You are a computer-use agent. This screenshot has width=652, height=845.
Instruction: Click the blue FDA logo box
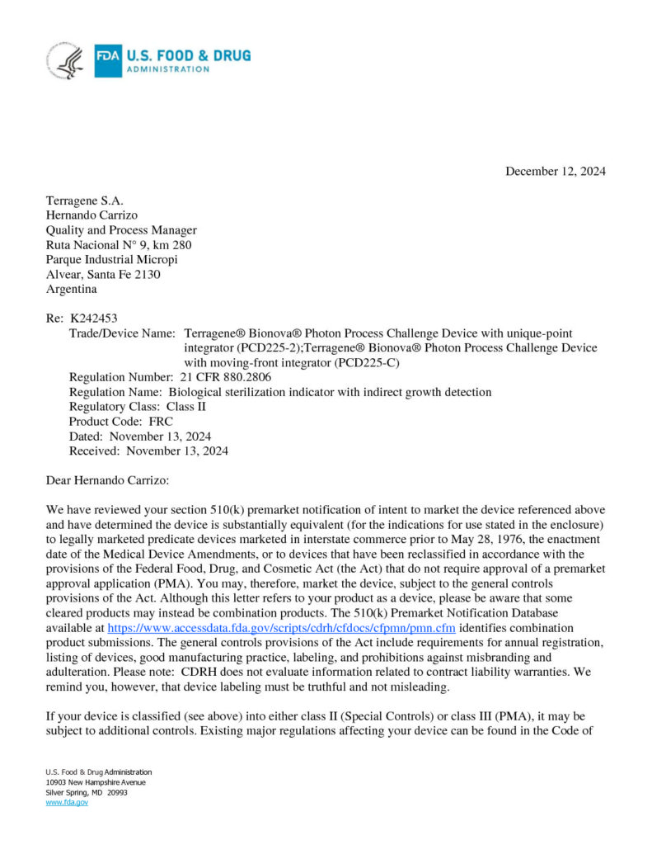click(108, 60)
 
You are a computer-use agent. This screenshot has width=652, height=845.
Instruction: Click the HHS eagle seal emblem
click(66, 60)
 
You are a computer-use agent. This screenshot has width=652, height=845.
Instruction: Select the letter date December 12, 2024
click(555, 172)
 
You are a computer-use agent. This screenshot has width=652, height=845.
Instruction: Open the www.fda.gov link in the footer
click(67, 802)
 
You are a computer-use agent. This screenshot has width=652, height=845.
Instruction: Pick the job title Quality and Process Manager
click(121, 230)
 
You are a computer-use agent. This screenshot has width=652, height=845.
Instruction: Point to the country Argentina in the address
click(71, 290)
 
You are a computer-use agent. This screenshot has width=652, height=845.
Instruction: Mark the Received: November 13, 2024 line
click(148, 451)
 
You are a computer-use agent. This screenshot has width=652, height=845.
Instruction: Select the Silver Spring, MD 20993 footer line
click(87, 792)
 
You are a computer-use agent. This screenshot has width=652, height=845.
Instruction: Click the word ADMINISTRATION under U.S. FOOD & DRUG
click(167, 69)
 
